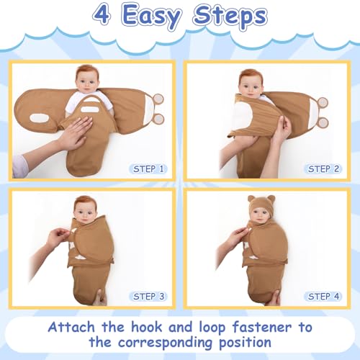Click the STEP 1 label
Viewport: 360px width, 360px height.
tap(148, 169)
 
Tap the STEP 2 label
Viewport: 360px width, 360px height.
tap(323, 169)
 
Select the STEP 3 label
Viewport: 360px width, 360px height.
tap(148, 297)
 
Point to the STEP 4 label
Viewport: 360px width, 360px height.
tap(323, 297)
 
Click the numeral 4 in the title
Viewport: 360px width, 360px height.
tap(102, 15)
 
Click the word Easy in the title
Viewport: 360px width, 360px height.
tap(152, 17)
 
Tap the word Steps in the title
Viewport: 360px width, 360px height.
tap(230, 16)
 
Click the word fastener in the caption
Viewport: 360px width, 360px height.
tap(262, 327)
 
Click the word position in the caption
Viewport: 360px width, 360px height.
tap(245, 343)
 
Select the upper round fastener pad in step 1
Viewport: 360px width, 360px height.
tap(158, 99)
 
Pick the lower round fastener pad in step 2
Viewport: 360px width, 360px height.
tap(322, 123)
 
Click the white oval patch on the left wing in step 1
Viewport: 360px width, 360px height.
tap(39, 118)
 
